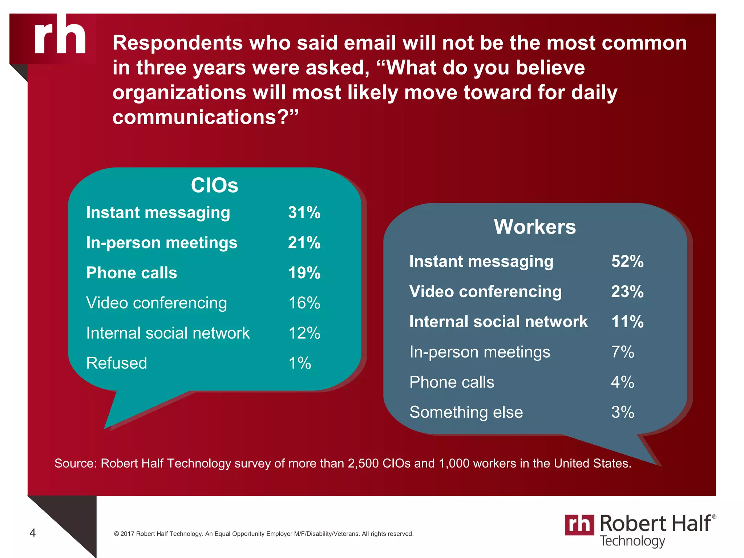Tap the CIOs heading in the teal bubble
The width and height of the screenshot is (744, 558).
214,185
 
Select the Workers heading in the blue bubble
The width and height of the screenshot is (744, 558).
534,227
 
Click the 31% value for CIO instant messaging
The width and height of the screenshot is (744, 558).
304,213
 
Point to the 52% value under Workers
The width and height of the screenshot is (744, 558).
627,262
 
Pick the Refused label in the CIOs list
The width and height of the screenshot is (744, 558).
117,363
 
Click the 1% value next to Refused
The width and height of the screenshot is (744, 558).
299,363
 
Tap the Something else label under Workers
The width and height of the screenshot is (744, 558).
466,412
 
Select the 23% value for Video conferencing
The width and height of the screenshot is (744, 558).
627,292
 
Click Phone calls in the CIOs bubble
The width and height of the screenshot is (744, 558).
132,273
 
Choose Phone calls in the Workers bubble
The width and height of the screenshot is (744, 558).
452,382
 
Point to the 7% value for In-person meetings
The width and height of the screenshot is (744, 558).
622,352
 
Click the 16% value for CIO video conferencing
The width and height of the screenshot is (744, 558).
304,303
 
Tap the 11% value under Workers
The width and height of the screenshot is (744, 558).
627,322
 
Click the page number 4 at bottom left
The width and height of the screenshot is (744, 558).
33,533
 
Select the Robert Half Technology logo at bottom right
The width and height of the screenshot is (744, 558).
640,530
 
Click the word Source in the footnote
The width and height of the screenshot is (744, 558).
75,464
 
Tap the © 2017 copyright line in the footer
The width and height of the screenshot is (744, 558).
263,534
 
